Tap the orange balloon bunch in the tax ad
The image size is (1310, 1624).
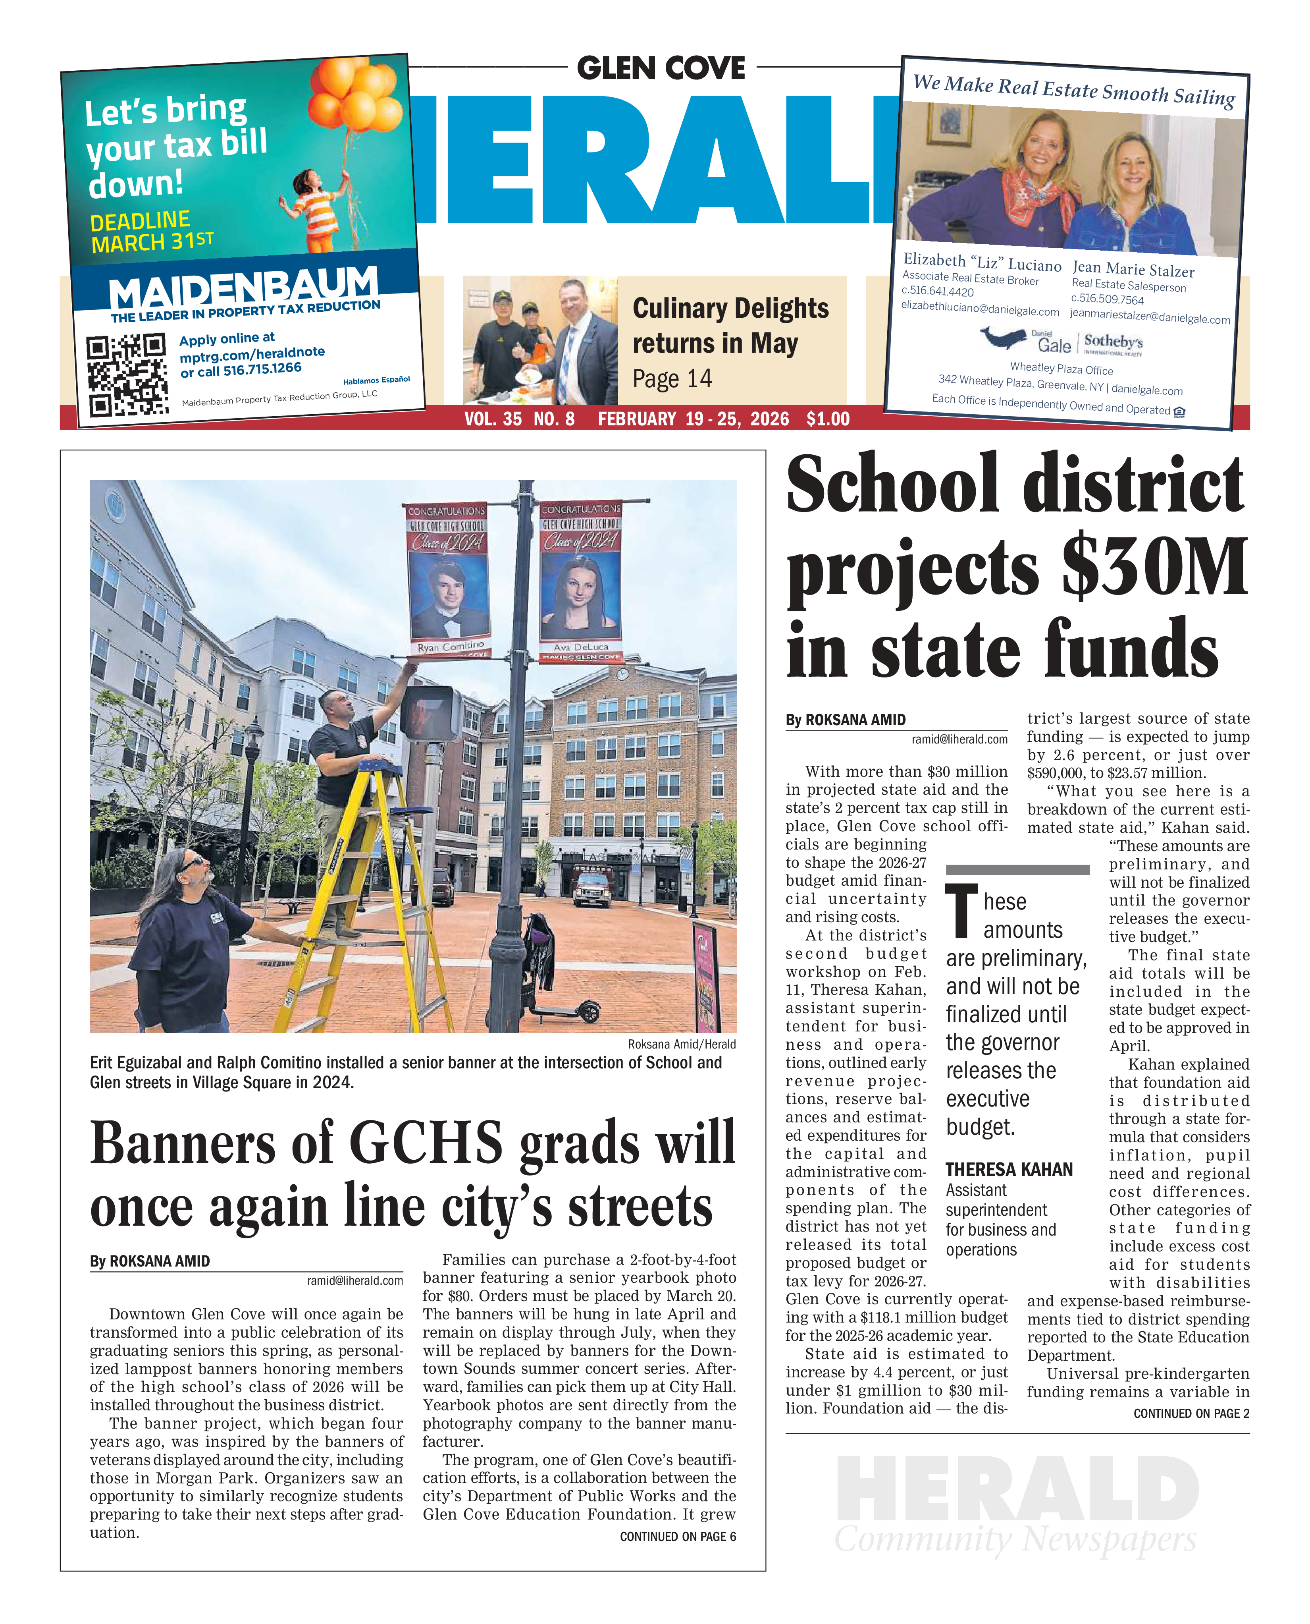(x=358, y=95)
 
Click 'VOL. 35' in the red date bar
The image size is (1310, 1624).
(x=493, y=419)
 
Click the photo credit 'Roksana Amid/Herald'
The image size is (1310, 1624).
(x=681, y=1044)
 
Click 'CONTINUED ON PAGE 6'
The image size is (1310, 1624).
(x=677, y=1536)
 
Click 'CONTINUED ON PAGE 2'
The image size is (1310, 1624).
(x=1191, y=1414)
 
